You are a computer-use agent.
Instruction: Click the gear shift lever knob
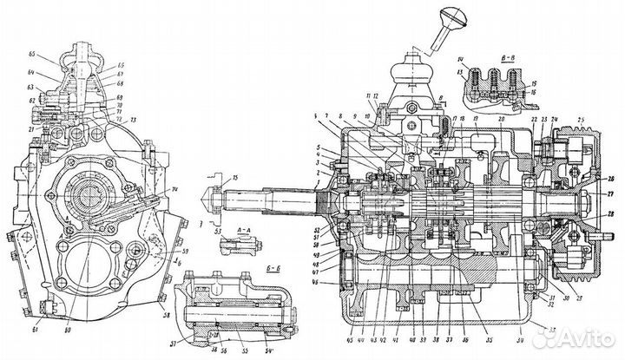tap(452, 15)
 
